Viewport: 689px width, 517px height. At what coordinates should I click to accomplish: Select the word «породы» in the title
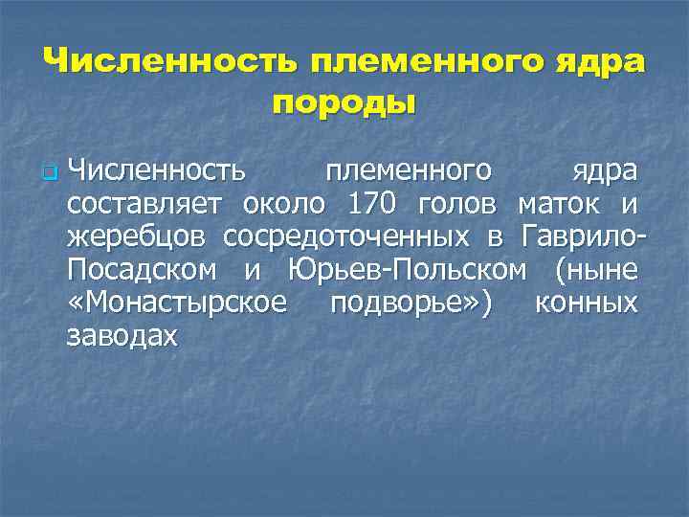[x=344, y=102]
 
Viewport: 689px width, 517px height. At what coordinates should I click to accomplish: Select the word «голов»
[x=457, y=205]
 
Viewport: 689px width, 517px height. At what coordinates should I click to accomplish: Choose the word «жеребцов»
[x=137, y=237]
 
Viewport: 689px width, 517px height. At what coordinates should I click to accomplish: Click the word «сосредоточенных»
[x=346, y=237]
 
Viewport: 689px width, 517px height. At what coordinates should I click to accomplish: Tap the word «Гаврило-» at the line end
[x=583, y=237]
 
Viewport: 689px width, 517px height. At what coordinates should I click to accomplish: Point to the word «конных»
[x=586, y=303]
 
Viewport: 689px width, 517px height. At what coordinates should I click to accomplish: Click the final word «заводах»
[x=122, y=336]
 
